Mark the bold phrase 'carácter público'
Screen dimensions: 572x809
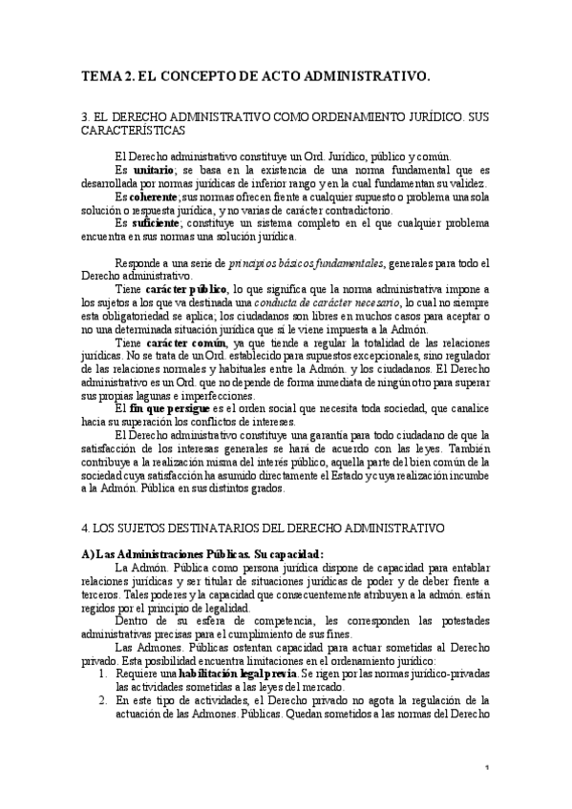(x=185, y=288)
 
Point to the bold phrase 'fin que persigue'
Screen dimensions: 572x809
(x=169, y=407)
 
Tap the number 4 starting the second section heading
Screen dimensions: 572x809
(x=86, y=526)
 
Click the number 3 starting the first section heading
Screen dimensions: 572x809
(x=86, y=114)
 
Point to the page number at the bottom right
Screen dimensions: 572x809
(x=487, y=794)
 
